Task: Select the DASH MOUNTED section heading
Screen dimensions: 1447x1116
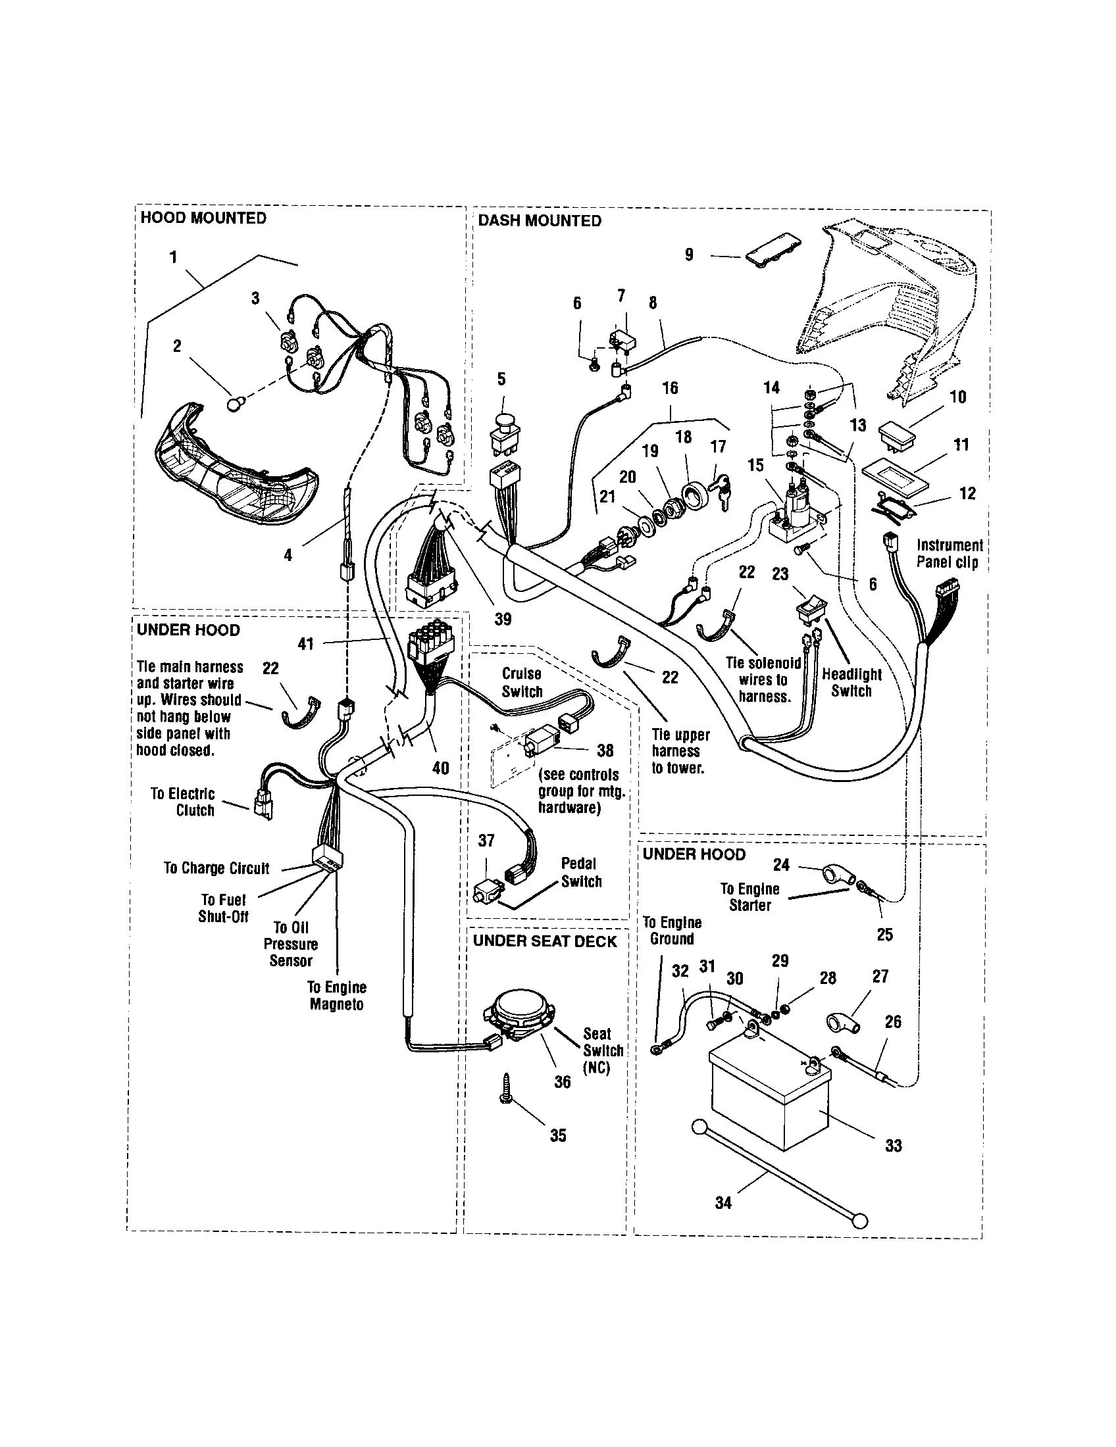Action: tap(540, 220)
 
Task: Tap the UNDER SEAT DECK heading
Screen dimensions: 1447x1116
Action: tap(545, 941)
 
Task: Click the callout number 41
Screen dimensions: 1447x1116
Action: tap(305, 643)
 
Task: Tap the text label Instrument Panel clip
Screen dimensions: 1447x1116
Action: tap(949, 554)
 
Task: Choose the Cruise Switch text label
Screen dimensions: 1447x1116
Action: tap(522, 683)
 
